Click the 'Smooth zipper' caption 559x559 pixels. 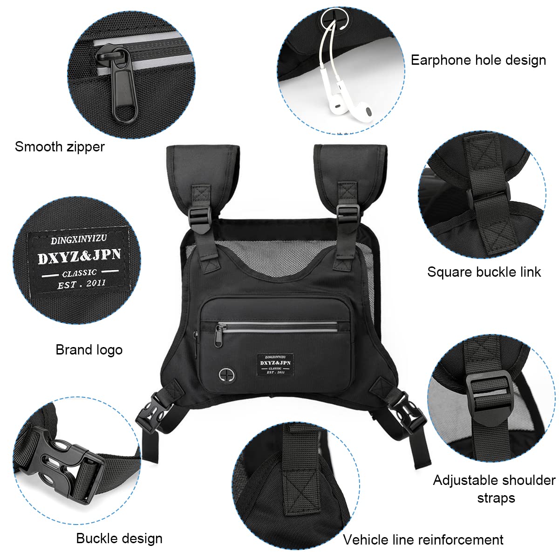(60, 146)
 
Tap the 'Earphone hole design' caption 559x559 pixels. (478, 60)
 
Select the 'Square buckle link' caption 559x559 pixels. (484, 272)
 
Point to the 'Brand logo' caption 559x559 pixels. (89, 349)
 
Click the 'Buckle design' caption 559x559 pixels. (119, 539)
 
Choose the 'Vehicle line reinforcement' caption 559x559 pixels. (423, 539)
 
